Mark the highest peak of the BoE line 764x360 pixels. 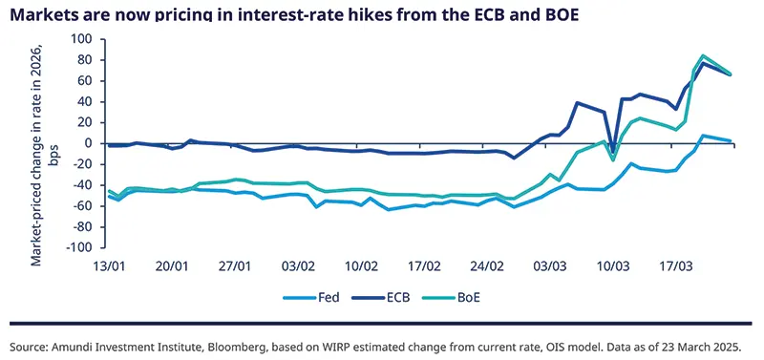[703, 55]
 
